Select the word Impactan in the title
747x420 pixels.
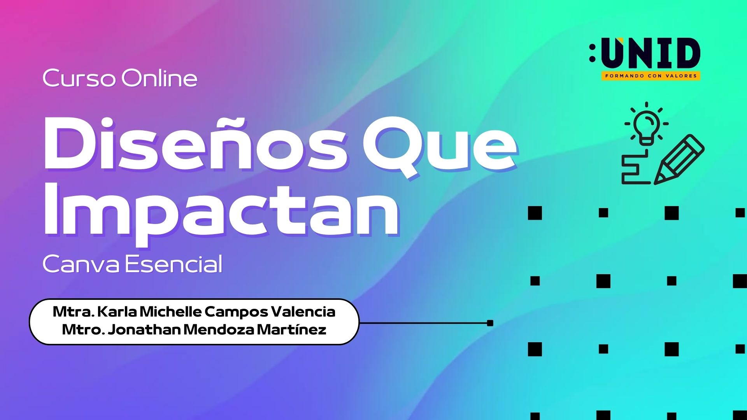pyautogui.click(x=221, y=212)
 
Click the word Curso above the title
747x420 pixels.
pyautogui.click(x=79, y=78)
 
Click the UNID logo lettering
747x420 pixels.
pyautogui.click(x=651, y=53)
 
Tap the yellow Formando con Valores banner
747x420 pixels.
pyautogui.click(x=651, y=76)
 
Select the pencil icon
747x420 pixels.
pyautogui.click(x=679, y=159)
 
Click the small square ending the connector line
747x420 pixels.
pyautogui.click(x=490, y=323)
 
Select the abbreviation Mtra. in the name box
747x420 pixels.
pyautogui.click(x=74, y=311)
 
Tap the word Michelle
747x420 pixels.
pyautogui.click(x=170, y=311)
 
